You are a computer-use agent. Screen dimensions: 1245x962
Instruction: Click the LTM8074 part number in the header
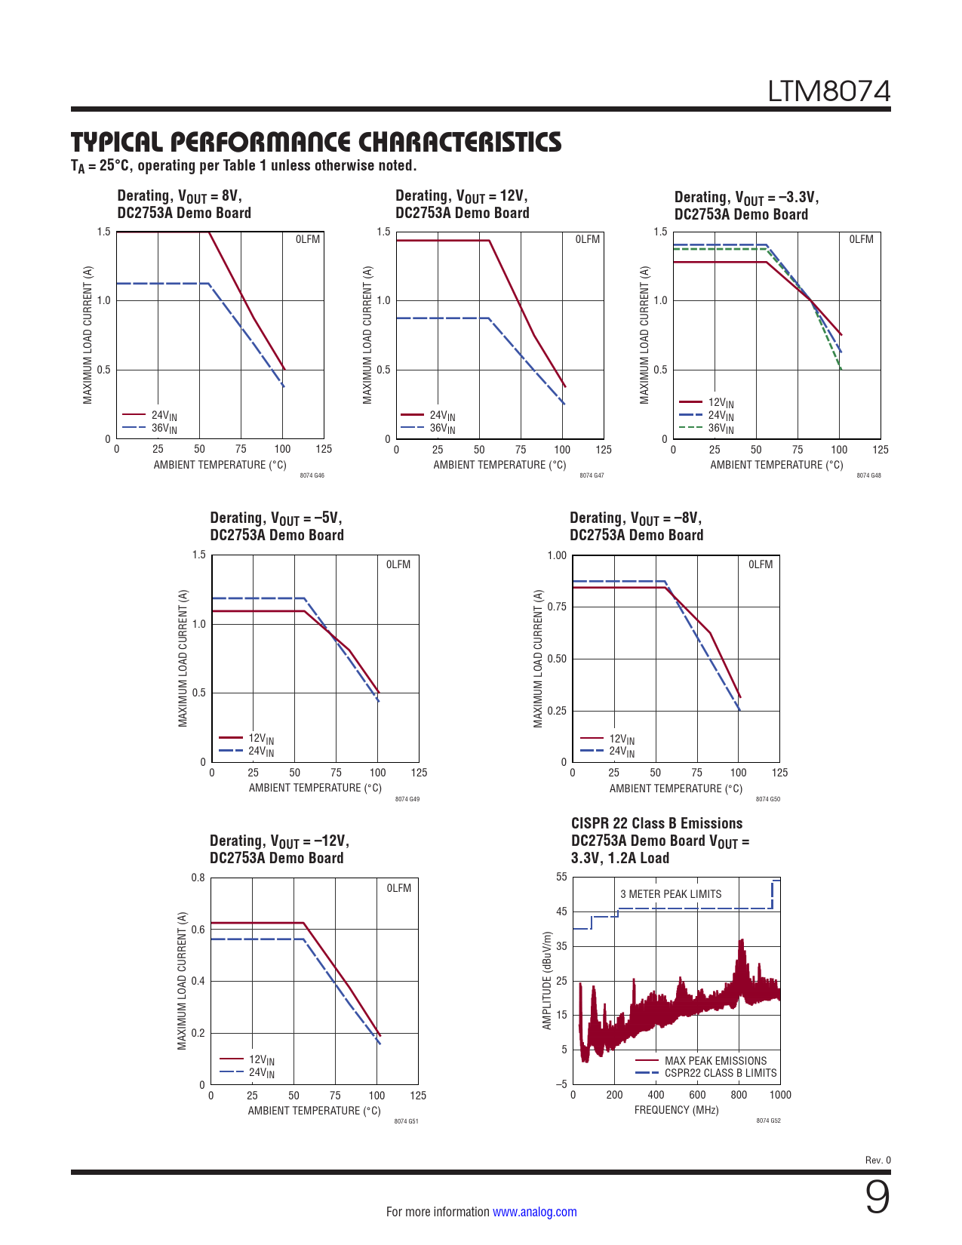828,91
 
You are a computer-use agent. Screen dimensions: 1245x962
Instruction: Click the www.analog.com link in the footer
534,1212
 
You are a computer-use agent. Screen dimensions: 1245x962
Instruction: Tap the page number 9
877,1197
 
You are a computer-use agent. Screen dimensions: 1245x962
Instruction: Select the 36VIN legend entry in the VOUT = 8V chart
164,428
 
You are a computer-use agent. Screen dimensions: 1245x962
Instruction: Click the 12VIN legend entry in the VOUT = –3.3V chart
720,403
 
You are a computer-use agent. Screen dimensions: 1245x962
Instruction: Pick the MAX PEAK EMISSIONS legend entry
715,1061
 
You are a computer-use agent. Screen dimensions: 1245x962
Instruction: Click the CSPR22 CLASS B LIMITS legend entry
720,1073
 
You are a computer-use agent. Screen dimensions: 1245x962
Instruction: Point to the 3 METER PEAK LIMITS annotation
671,894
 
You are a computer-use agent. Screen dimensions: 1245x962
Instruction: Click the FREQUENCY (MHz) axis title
676,1110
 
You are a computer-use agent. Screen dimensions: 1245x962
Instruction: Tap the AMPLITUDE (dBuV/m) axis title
547,980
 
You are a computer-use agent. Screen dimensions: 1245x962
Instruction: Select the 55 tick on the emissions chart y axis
561,877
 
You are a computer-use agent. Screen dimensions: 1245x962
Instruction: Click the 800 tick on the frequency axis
739,1095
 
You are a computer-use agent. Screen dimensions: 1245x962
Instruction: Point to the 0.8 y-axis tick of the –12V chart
198,878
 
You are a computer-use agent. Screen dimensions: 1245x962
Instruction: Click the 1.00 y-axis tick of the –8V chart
557,555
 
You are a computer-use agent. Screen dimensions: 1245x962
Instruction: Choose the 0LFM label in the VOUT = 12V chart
587,239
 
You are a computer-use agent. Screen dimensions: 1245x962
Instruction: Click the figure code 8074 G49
407,799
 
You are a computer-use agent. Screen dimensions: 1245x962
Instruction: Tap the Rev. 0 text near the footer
877,1160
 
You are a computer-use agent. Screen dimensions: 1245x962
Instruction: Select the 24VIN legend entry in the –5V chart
261,751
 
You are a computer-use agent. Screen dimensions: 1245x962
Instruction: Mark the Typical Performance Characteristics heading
316,142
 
